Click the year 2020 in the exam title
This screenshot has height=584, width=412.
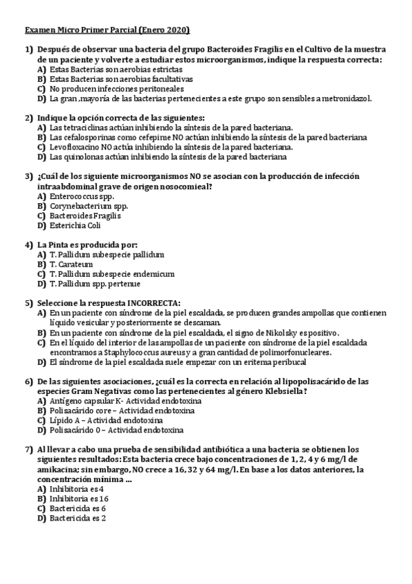[177, 30]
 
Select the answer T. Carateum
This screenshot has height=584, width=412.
[72, 264]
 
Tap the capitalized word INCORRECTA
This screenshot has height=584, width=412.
[151, 303]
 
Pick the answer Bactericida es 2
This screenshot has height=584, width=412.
[77, 518]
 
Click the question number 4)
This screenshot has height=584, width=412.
[29, 244]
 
